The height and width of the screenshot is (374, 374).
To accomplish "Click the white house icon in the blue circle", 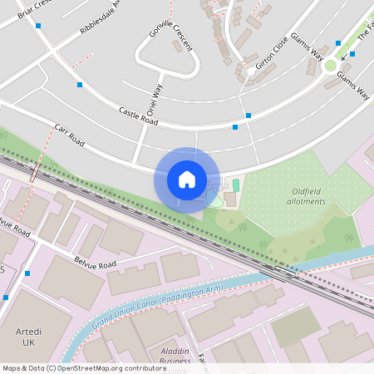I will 187,180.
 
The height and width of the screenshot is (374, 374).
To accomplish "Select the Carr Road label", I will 70,136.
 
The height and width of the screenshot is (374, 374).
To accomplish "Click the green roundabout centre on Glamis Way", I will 331,66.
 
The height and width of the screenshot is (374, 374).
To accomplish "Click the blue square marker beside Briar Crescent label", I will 38,26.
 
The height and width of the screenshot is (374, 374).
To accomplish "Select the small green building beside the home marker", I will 235,185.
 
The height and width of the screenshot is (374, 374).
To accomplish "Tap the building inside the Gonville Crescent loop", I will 178,46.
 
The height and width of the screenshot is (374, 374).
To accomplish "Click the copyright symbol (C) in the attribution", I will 51,367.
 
